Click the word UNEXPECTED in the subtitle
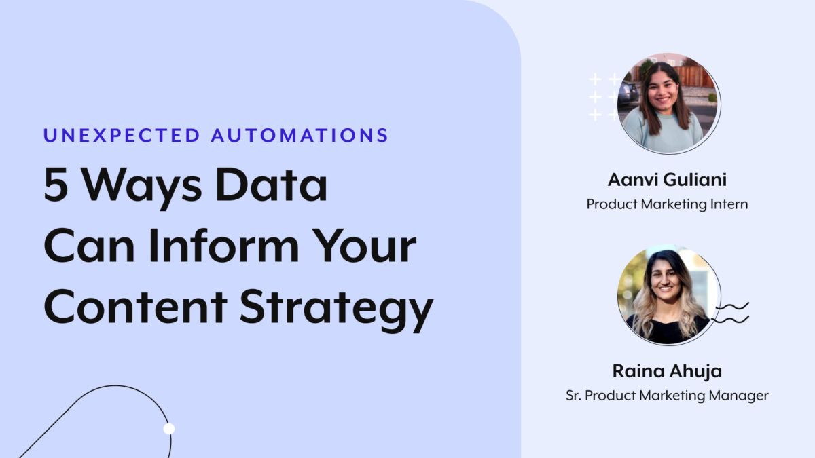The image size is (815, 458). (x=122, y=134)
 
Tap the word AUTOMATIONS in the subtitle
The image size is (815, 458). (x=300, y=134)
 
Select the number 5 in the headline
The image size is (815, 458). (x=57, y=186)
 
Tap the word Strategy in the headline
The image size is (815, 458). (x=336, y=309)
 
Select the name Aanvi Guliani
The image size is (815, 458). (x=667, y=181)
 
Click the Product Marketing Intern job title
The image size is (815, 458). (x=667, y=204)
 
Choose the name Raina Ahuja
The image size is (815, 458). (x=667, y=372)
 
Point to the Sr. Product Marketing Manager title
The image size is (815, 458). (x=667, y=395)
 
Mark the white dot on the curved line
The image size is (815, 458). (x=169, y=428)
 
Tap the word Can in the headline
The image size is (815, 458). (x=80, y=248)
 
